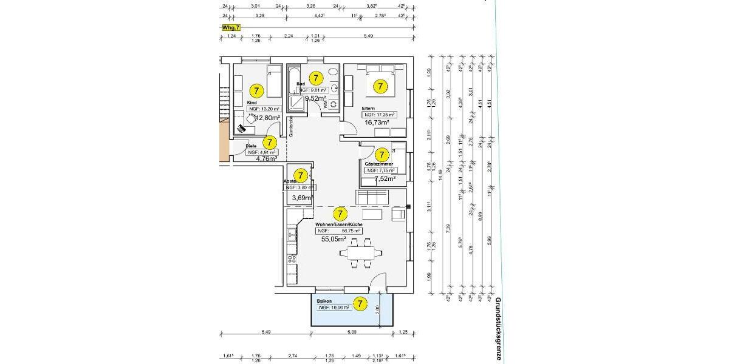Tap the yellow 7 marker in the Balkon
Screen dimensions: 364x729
(360, 303)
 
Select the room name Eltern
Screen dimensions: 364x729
(369, 108)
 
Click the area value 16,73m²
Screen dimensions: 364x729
(376, 122)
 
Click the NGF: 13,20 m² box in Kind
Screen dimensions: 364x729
(262, 110)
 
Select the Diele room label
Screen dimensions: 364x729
(250, 146)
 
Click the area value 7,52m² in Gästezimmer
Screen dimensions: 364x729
(384, 178)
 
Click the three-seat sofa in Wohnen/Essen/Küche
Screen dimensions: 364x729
(372, 198)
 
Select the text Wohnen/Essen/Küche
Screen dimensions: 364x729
(339, 224)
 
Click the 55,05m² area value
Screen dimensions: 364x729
(334, 239)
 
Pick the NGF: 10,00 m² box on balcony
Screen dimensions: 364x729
(334, 308)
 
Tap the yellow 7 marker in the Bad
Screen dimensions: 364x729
(316, 78)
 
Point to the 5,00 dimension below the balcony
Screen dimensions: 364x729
(351, 332)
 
